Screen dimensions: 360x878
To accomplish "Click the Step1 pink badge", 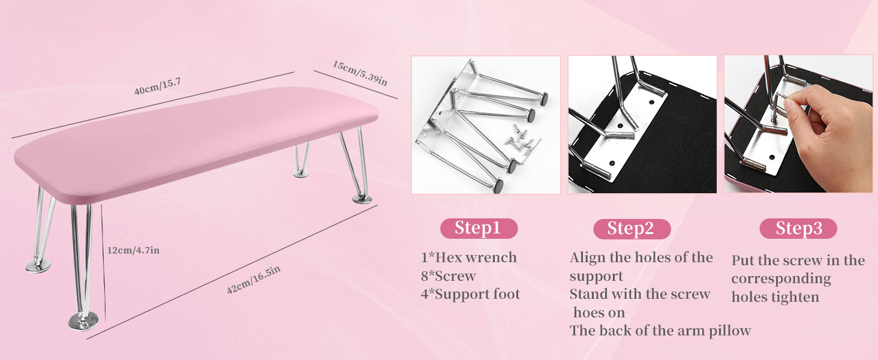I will [x=478, y=229].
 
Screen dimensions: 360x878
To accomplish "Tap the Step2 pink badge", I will [x=630, y=229].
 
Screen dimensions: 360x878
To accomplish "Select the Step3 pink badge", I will [x=798, y=229].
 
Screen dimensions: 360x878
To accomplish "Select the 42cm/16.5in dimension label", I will [x=253, y=281].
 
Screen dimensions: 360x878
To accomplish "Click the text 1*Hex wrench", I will [x=468, y=258].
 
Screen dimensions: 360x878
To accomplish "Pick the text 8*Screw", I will [x=448, y=276].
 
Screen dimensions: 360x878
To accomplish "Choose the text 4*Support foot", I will [x=470, y=295].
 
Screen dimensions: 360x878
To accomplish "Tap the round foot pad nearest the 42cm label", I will [x=83, y=322].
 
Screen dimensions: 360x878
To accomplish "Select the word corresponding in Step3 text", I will [x=781, y=279].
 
